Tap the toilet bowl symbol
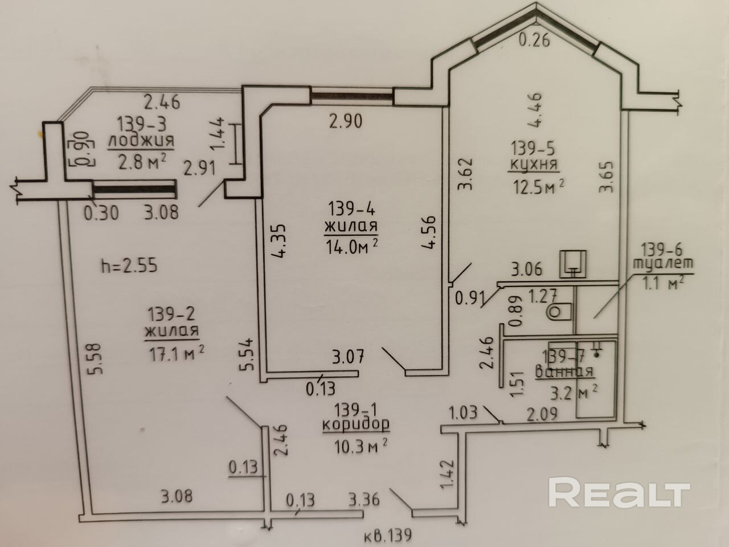(x=559, y=312)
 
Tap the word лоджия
(x=141, y=140)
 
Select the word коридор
(x=356, y=424)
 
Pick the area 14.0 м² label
(x=352, y=246)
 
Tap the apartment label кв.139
(x=387, y=536)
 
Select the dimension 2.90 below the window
(x=345, y=121)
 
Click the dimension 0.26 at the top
(x=535, y=40)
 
